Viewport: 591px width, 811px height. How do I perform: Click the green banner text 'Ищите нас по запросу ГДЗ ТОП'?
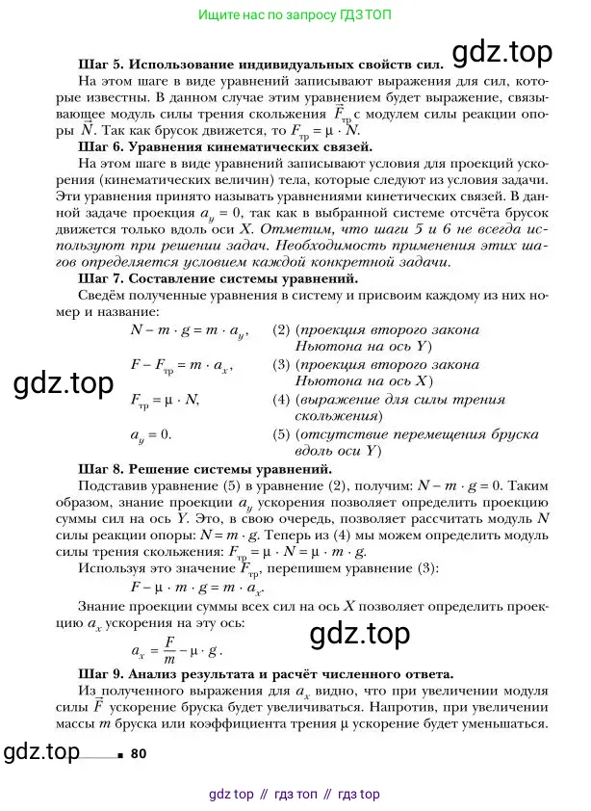[x=295, y=15]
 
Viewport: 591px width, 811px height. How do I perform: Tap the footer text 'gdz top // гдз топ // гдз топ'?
[x=295, y=795]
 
